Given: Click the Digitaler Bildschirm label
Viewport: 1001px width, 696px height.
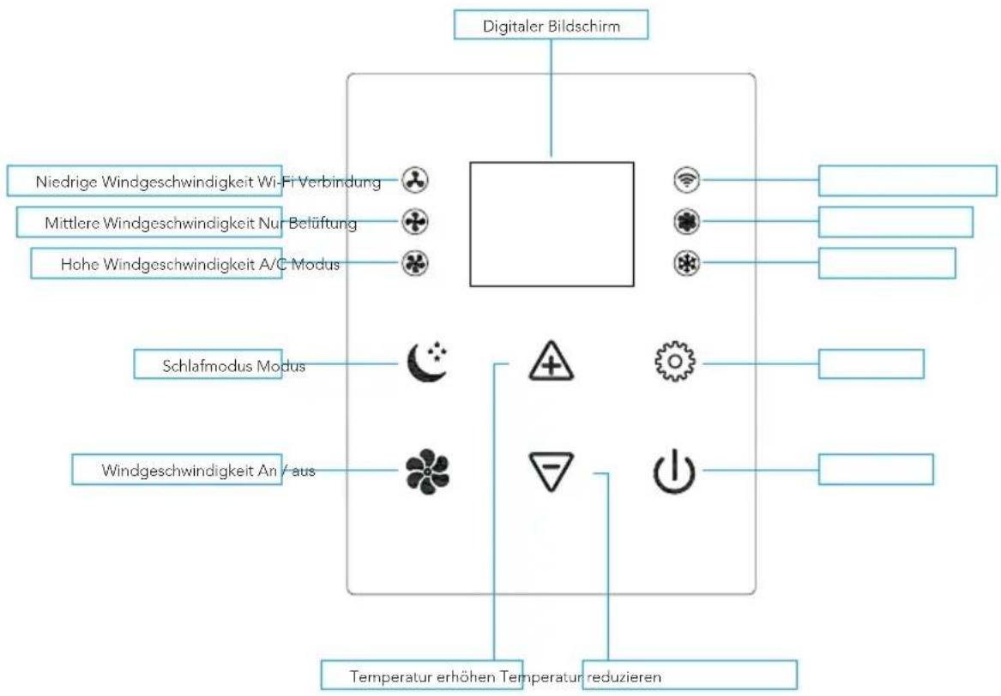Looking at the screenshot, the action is point(551,27).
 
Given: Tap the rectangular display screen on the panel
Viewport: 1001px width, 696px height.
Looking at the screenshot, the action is point(552,224).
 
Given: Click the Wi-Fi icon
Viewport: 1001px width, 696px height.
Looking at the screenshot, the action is point(686,180).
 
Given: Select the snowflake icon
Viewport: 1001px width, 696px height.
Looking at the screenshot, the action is point(686,263).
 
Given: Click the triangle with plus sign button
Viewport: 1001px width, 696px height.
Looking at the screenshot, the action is point(551,361).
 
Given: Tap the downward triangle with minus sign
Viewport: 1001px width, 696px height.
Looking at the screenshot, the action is point(551,471).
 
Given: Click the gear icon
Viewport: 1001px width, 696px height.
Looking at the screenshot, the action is point(675,362).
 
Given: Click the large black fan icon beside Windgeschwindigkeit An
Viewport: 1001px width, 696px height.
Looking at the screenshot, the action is point(427,471).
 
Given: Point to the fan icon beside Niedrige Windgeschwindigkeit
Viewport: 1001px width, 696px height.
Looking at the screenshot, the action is point(415,181).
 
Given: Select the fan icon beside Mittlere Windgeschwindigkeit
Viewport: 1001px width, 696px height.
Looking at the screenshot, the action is point(415,222).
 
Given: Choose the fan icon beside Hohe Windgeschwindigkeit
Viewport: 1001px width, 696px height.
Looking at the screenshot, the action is point(415,263).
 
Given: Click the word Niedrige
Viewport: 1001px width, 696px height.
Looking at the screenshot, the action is point(66,182).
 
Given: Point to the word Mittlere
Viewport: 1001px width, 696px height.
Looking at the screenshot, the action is point(72,223).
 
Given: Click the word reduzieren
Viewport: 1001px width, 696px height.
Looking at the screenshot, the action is point(624,676).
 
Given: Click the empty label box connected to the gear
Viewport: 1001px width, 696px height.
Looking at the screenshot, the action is point(871,363).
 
